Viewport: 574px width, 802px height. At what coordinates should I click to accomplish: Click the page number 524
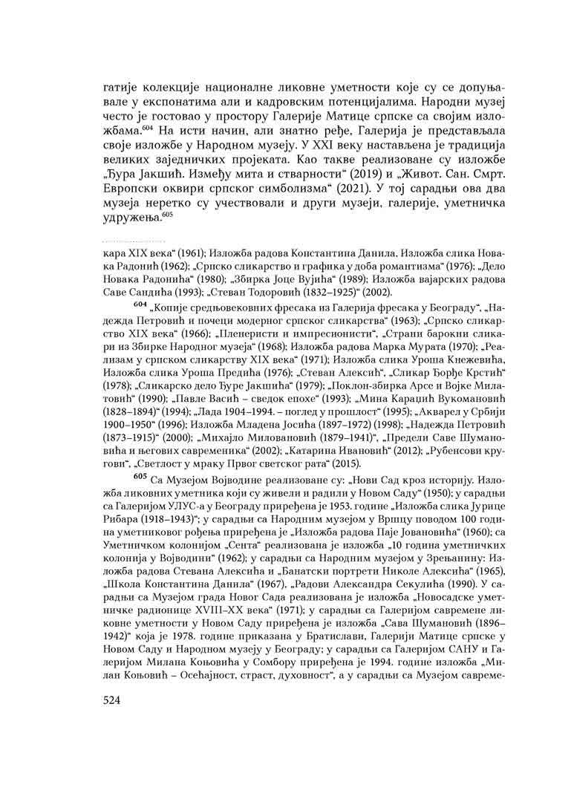click(114, 700)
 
